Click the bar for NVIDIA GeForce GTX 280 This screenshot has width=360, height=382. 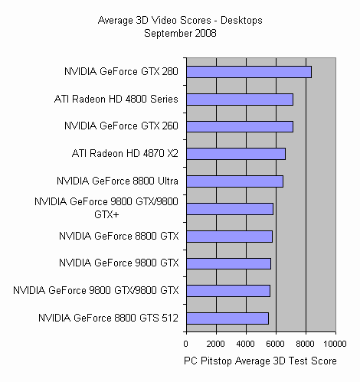click(x=248, y=72)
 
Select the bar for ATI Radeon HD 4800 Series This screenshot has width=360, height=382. click(x=239, y=100)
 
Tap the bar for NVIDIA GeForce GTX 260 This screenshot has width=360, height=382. click(x=239, y=126)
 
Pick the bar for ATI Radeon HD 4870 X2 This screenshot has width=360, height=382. click(x=235, y=154)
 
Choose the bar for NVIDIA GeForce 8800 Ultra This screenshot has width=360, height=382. click(x=234, y=181)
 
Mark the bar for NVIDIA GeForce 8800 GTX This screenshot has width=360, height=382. click(x=229, y=236)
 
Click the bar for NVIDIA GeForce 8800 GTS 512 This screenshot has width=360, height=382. click(x=227, y=318)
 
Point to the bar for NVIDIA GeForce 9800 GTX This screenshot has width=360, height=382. click(x=228, y=263)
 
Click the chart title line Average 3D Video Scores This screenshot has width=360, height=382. click(x=179, y=22)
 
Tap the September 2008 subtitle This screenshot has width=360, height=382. click(x=179, y=34)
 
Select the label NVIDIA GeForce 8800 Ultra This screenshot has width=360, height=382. click(x=117, y=181)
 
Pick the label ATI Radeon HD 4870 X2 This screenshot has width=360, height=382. click(x=126, y=154)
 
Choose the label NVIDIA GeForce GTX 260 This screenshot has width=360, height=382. click(x=121, y=126)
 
